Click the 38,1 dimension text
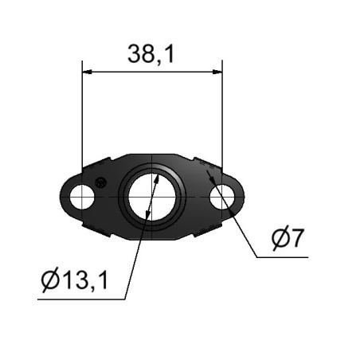click(x=151, y=54)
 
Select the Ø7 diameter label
click(x=288, y=238)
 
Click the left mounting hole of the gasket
click(x=82, y=197)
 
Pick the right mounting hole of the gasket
click(x=222, y=197)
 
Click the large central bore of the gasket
click(x=151, y=198)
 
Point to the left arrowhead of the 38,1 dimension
click(x=87, y=72)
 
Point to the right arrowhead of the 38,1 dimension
click(x=217, y=72)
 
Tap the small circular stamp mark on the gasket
click(x=101, y=182)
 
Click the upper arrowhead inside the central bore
click(x=157, y=180)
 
